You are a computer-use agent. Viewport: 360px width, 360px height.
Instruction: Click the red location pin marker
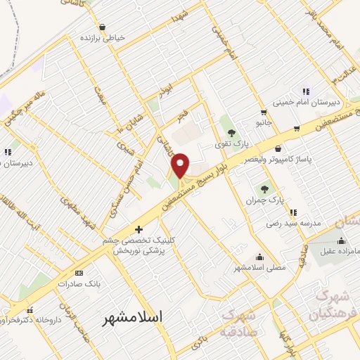point(181,165)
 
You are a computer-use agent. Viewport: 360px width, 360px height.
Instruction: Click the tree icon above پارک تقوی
point(231,132)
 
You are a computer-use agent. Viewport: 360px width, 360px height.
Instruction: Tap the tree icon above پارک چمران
point(265,188)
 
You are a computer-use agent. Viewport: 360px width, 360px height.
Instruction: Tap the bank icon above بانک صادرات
point(79,273)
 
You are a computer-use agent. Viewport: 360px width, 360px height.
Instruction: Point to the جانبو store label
point(263,122)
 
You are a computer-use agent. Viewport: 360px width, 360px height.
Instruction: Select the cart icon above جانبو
point(263,111)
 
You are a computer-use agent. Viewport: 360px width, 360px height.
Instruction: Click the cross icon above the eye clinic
point(139,229)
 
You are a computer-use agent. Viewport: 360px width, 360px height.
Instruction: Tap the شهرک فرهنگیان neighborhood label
point(337,304)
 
